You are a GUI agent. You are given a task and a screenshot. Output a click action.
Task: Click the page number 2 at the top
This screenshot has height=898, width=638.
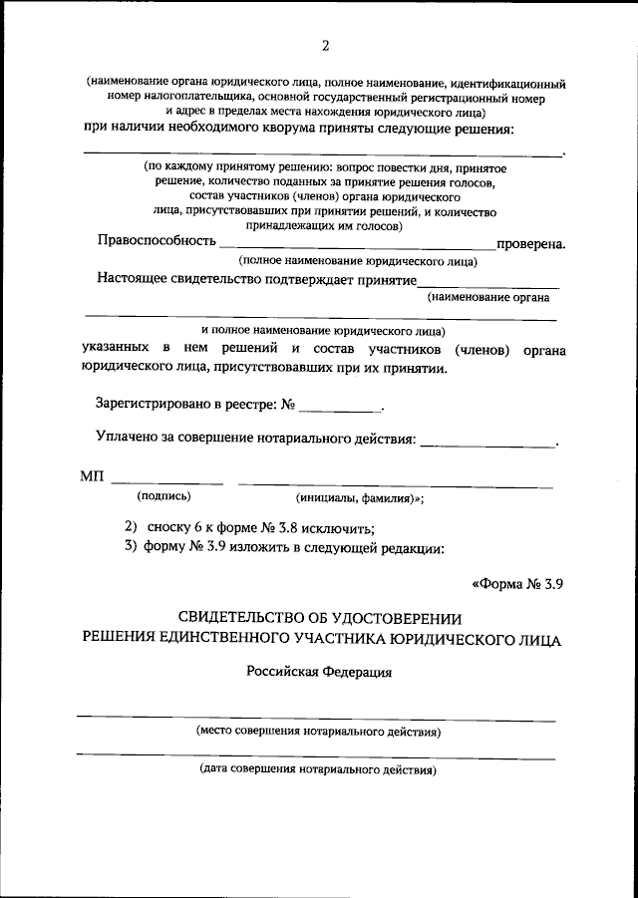325,44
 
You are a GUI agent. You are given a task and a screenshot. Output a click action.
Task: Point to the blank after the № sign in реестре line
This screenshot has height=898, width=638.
340,409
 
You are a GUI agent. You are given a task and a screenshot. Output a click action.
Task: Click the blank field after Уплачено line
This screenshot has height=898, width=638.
487,443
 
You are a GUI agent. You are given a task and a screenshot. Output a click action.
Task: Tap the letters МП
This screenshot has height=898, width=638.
91,476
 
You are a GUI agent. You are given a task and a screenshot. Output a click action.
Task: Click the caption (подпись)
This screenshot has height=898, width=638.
163,495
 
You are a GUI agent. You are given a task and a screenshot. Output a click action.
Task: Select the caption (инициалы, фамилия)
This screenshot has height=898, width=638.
360,497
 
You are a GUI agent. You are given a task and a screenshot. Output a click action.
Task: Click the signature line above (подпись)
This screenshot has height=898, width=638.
166,483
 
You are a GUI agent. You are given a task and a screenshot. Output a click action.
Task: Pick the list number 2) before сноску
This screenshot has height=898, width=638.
130,526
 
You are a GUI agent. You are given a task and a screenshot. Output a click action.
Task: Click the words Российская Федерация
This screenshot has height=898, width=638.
319,672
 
